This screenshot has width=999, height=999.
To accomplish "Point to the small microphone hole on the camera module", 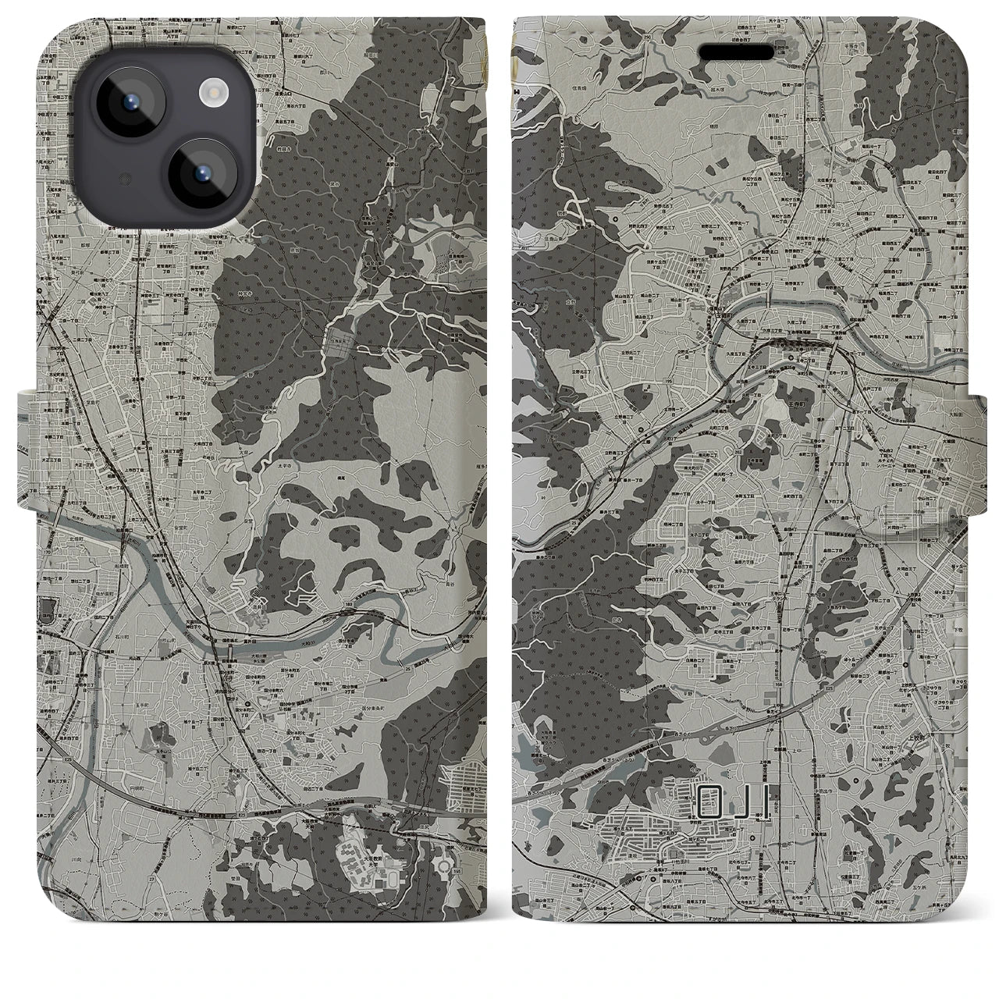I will (x=123, y=180).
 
